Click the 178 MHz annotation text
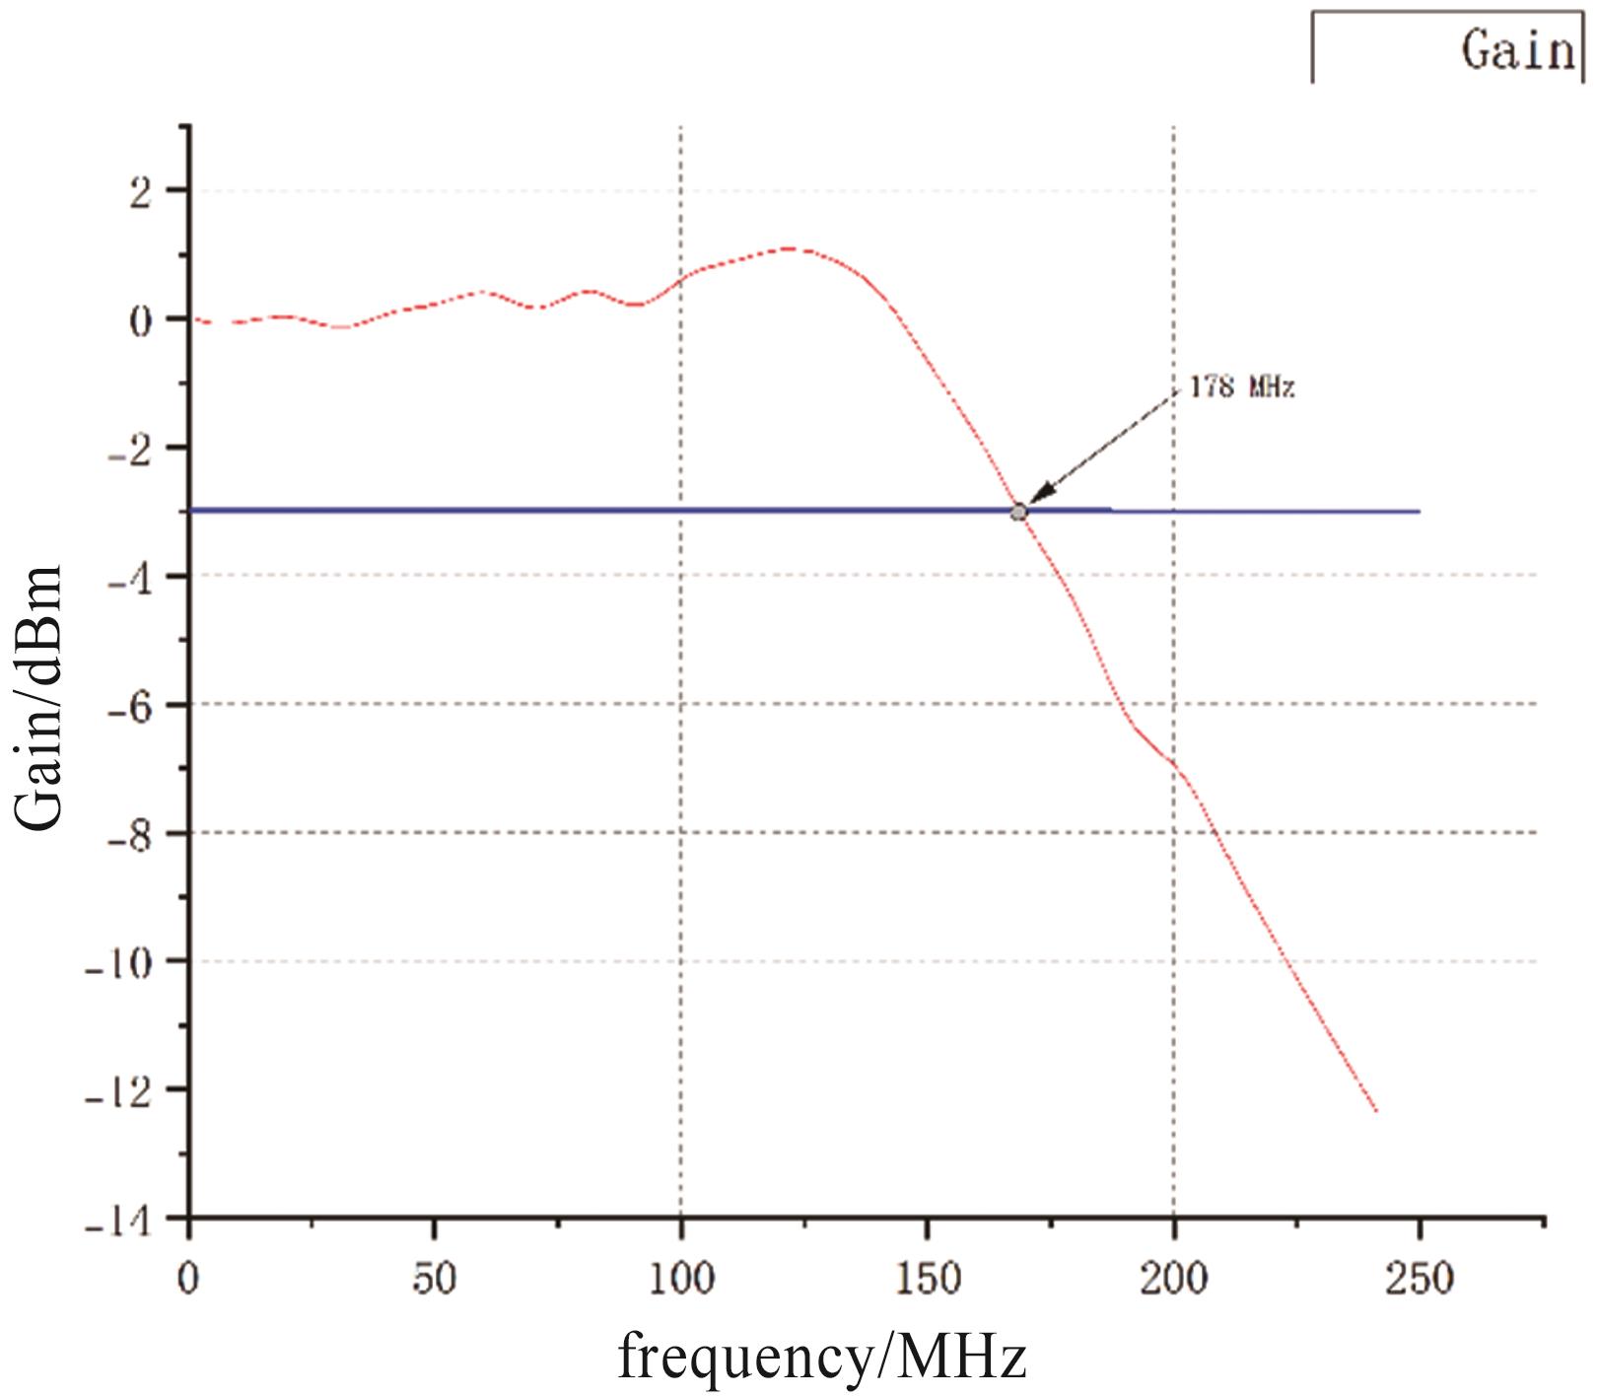pyautogui.click(x=1241, y=387)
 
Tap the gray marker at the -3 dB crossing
pyautogui.click(x=1018, y=512)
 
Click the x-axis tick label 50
pyautogui.click(x=434, y=1278)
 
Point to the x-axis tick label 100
pyautogui.click(x=681, y=1278)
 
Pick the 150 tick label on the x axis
pyautogui.click(x=928, y=1278)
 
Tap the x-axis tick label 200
pyautogui.click(x=1174, y=1278)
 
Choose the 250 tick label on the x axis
pyautogui.click(x=1421, y=1278)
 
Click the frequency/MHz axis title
pyautogui.click(x=822, y=1359)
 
